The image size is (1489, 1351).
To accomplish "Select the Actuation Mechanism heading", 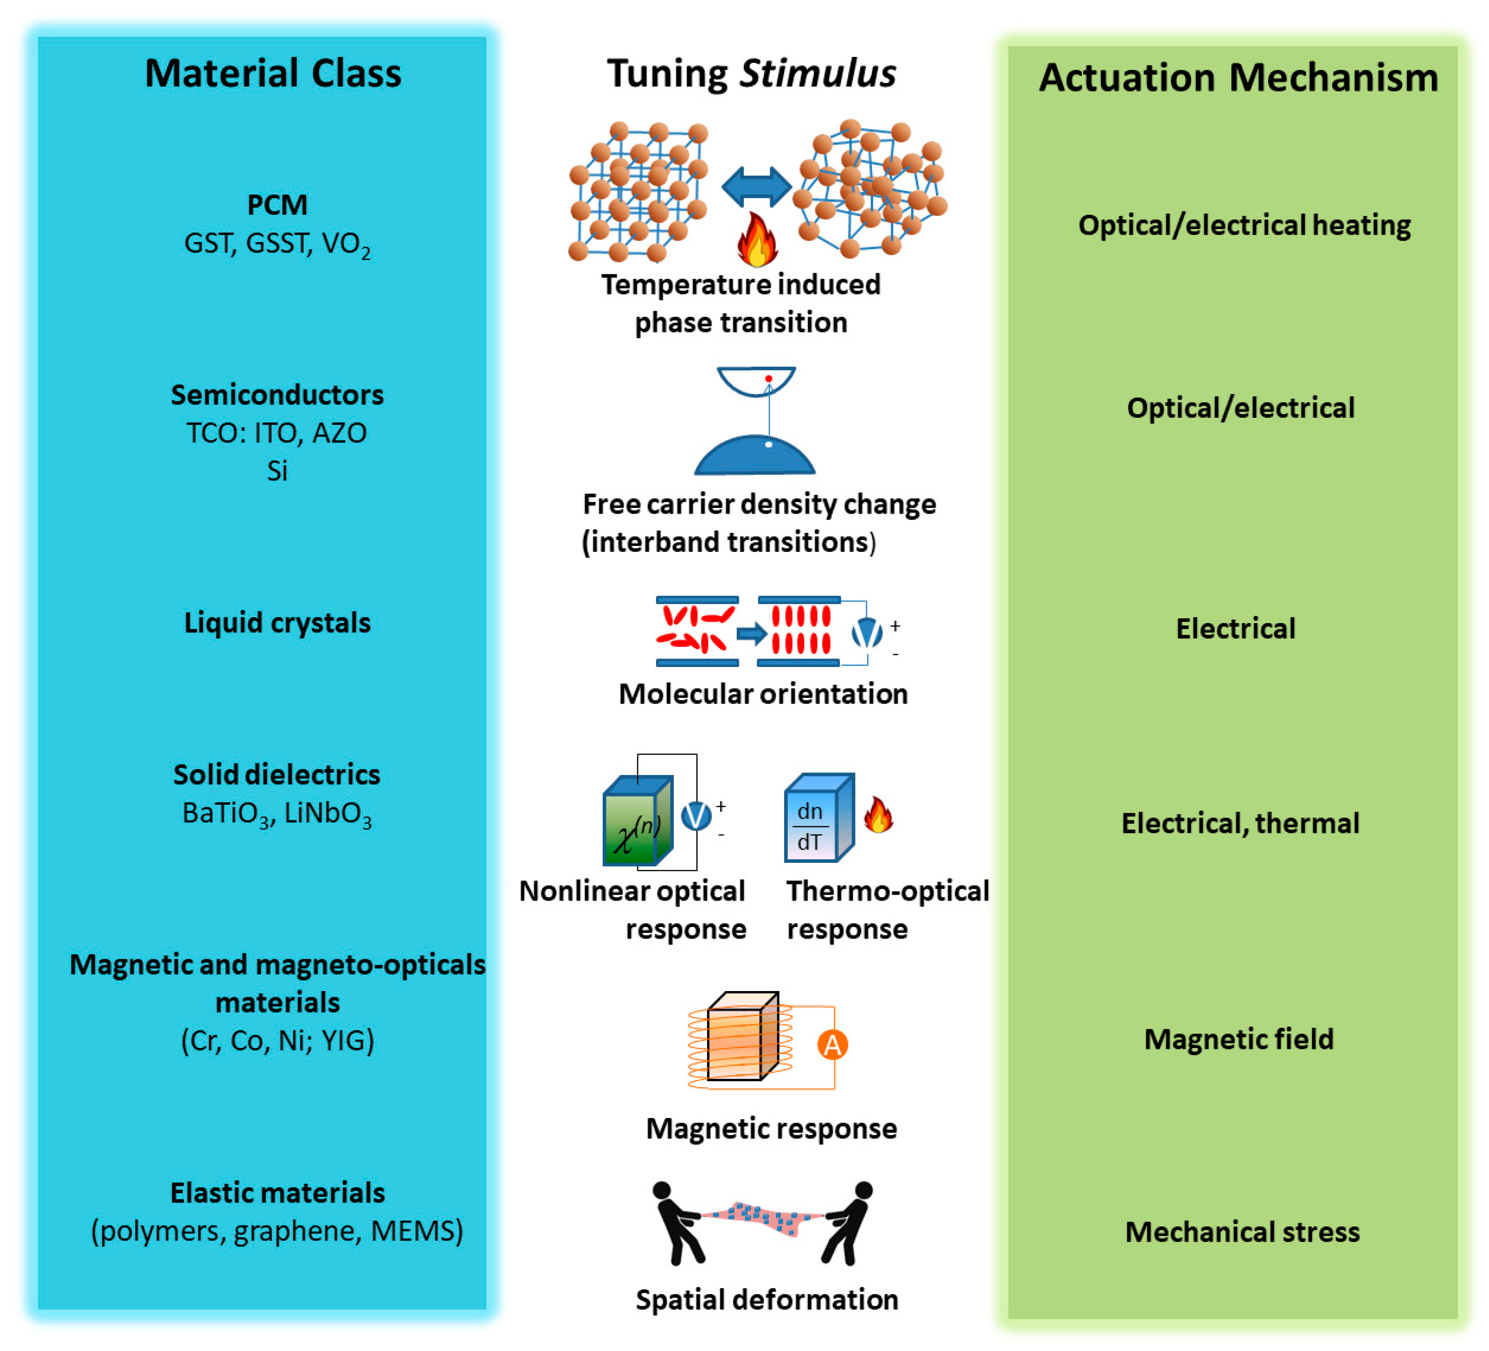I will point(1238,78).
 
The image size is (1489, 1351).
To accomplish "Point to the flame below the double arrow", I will point(757,240).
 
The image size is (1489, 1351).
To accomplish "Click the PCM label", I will point(277,204).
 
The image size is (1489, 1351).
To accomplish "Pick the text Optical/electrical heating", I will point(1244,225).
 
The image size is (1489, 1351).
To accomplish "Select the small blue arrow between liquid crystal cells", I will point(751,633).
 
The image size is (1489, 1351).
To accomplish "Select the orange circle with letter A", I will point(833,1044).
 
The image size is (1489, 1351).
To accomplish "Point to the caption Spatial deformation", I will point(767,1299).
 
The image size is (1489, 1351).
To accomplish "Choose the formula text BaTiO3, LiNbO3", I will point(277,813).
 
